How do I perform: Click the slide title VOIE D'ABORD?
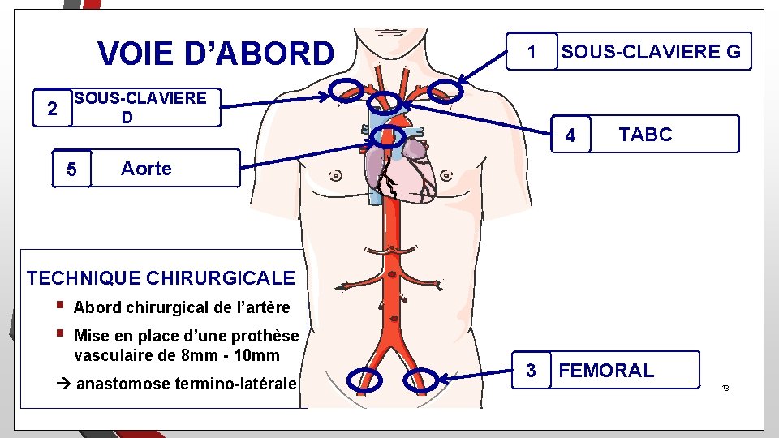[x=215, y=54]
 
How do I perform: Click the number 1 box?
[x=532, y=53]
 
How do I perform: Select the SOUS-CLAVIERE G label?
[x=651, y=53]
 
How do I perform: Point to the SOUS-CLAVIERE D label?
[x=139, y=108]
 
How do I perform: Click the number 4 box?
[x=570, y=135]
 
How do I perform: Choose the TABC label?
[x=645, y=135]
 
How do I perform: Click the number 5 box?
[x=71, y=170]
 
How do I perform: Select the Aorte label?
[x=146, y=169]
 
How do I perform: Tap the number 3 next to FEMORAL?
[x=531, y=371]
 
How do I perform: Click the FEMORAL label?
[x=606, y=371]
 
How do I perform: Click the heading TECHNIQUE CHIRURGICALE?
[x=161, y=278]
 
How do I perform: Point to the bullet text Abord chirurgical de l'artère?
[x=181, y=307]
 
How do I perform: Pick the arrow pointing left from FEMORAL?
[x=479, y=376]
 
